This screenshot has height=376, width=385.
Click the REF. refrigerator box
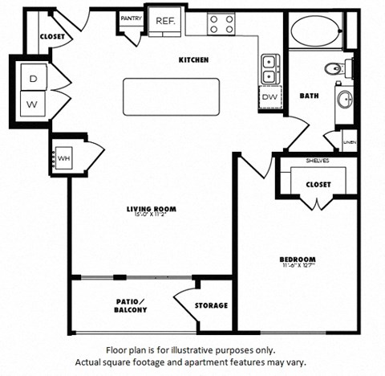tap(166, 22)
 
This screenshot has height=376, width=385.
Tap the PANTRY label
tap(131, 17)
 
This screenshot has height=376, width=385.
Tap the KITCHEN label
tap(193, 59)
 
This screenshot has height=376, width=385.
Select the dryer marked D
tap(32, 79)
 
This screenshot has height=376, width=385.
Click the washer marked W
tap(32, 104)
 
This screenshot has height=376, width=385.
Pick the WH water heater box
tap(65, 157)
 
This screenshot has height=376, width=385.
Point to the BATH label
tap(309, 96)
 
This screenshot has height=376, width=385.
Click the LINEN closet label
tap(349, 142)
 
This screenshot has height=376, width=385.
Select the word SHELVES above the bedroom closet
tap(317, 161)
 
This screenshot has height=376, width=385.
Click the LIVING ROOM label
tap(151, 210)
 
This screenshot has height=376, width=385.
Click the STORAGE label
tap(212, 305)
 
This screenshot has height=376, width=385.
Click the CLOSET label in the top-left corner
tap(52, 36)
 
